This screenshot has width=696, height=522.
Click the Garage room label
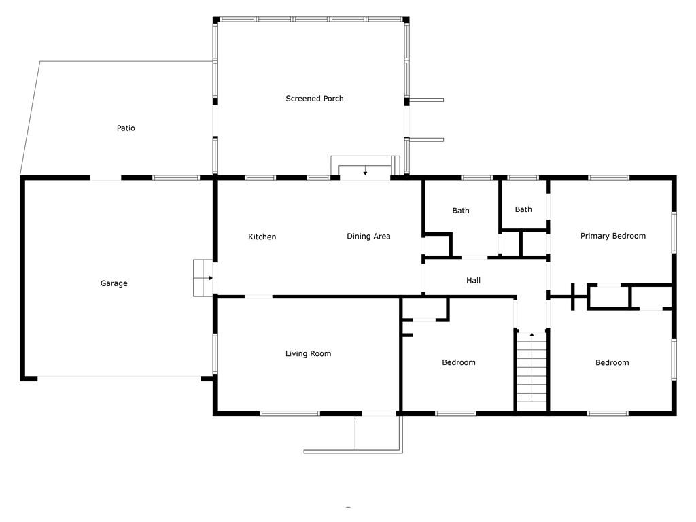(114, 283)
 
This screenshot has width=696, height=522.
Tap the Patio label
(126, 128)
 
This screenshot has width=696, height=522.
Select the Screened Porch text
(314, 98)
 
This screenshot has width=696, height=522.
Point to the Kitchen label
(262, 237)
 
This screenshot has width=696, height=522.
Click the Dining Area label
(368, 236)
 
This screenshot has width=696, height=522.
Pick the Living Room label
(308, 353)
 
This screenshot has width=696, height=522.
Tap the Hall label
(473, 280)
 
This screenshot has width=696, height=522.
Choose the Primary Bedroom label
(613, 236)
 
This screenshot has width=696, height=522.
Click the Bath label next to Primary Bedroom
(523, 209)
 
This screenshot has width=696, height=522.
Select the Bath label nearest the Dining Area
(461, 211)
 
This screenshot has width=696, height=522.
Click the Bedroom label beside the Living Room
(459, 362)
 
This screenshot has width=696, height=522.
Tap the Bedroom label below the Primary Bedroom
(612, 362)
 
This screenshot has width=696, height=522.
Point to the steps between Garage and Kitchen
(203, 278)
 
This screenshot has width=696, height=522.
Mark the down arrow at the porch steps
(365, 171)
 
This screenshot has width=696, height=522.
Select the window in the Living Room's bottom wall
(290, 413)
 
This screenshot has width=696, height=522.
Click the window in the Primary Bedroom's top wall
(608, 177)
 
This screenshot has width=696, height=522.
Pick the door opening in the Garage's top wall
(105, 177)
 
